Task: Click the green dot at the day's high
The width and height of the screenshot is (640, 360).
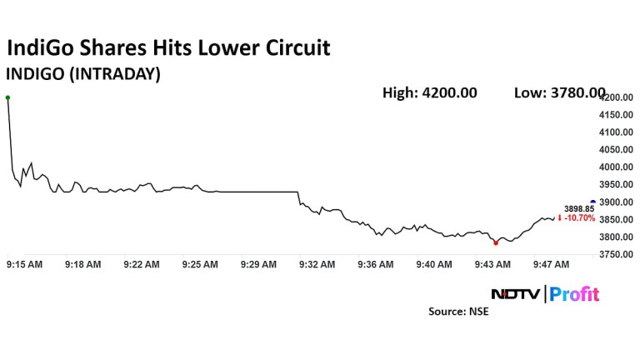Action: pos(7,97)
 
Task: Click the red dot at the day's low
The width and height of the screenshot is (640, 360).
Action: pos(496,242)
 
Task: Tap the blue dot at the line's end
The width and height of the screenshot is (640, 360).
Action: pos(592,202)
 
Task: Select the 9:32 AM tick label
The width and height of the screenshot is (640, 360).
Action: pos(317,265)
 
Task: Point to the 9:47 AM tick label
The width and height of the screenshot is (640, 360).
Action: pos(551,265)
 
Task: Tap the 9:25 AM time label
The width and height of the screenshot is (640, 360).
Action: pos(200,265)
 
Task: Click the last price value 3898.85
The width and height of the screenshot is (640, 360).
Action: pos(579,208)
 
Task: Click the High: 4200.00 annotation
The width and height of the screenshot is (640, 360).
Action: pos(429,92)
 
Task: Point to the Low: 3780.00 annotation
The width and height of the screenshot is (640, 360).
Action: pos(559,92)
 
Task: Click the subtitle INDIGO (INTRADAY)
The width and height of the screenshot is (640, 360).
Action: pos(83,73)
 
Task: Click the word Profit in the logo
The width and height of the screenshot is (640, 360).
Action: pos(574,294)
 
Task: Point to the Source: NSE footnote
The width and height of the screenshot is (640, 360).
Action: pos(459,312)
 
